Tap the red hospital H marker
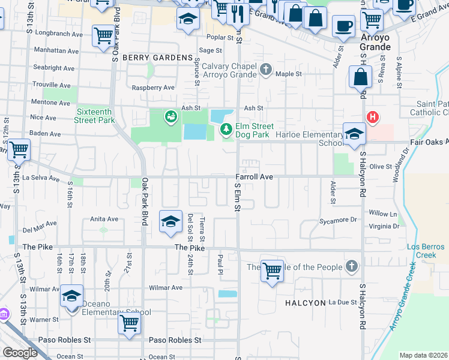pyautogui.click(x=373, y=116)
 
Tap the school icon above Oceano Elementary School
pyautogui.click(x=71, y=296)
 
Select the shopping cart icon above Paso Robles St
pyautogui.click(x=130, y=323)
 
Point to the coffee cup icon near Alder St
pyautogui.click(x=343, y=26)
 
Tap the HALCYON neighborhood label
pyautogui.click(x=305, y=303)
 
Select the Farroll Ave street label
pyautogui.click(x=254, y=177)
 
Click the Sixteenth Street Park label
pyautogui.click(x=95, y=116)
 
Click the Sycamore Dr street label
pyautogui.click(x=338, y=220)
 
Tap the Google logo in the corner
pyautogui.click(x=20, y=352)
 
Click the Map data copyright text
pyautogui.click(x=423, y=355)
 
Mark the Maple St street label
pyautogui.click(x=288, y=74)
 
